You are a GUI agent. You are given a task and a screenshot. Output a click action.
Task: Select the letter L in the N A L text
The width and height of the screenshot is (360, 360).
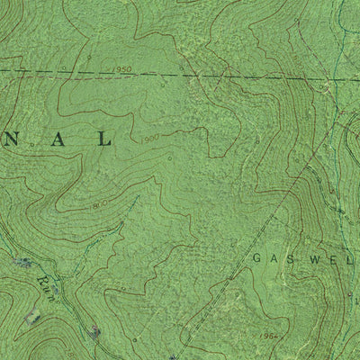(x=107, y=139)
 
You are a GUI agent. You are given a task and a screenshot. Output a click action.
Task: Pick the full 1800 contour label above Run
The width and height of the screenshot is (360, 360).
(x=99, y=206)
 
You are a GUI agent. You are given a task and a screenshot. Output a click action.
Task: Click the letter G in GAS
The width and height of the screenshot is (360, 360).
(x=256, y=257)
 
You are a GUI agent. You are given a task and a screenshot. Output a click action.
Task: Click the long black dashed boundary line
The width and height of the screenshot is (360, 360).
(x=225, y=76)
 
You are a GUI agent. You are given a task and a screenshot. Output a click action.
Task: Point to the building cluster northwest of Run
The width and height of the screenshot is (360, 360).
(x=22, y=264)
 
